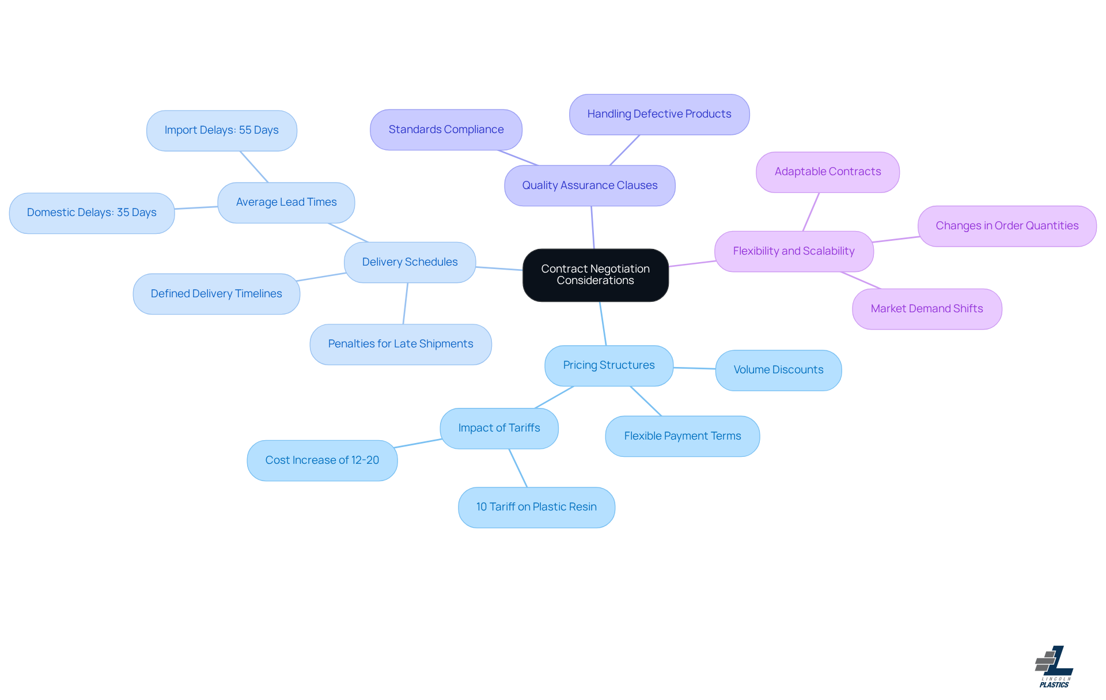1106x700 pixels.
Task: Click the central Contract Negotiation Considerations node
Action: (x=595, y=275)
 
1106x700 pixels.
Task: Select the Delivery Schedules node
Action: (x=410, y=262)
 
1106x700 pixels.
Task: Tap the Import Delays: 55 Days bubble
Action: (x=221, y=130)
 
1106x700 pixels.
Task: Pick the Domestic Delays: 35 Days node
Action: (x=92, y=213)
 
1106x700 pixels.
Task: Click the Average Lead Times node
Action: (x=286, y=202)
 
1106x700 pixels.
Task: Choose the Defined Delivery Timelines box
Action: (x=216, y=294)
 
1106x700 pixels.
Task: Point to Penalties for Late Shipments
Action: (x=400, y=344)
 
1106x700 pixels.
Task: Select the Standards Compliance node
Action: (x=446, y=130)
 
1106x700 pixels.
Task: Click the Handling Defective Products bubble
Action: (x=659, y=114)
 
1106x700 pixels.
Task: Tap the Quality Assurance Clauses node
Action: (x=589, y=186)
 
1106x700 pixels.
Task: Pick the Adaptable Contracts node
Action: (x=827, y=172)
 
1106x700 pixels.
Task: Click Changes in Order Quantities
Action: (x=1006, y=226)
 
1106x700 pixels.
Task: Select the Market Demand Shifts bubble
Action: (x=926, y=309)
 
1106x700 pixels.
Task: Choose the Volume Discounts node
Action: (x=778, y=370)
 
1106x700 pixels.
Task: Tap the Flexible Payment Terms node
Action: (x=682, y=436)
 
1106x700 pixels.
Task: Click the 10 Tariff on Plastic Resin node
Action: (x=536, y=507)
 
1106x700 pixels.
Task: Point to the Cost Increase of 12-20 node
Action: (x=322, y=460)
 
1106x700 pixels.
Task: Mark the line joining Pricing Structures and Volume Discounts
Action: (x=694, y=368)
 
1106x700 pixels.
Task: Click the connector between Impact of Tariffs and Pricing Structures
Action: (x=554, y=398)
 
